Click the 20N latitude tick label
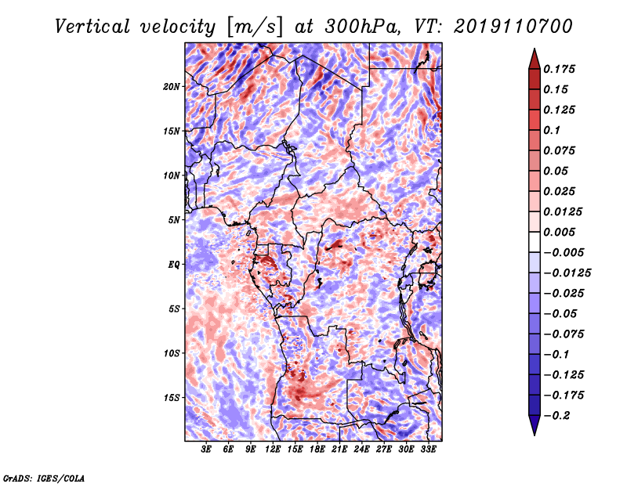pos(172,87)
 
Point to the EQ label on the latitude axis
pos(174,265)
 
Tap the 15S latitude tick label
pos(172,398)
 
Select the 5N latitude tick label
pos(174,220)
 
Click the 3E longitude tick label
pos(206,450)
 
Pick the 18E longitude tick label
pos(317,450)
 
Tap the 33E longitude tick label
pos(428,450)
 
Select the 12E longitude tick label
pos(273,450)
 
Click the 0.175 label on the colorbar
pos(560,69)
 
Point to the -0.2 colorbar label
pos(557,416)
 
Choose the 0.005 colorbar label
pos(560,232)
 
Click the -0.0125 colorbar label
pos(567,273)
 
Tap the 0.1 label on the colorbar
pos(552,130)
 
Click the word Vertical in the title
pos(92,27)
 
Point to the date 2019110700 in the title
pos(513,27)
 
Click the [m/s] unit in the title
pos(255,27)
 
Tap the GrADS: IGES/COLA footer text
pos(44,479)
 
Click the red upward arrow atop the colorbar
pos(535,59)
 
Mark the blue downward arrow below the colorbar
pos(535,425)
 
